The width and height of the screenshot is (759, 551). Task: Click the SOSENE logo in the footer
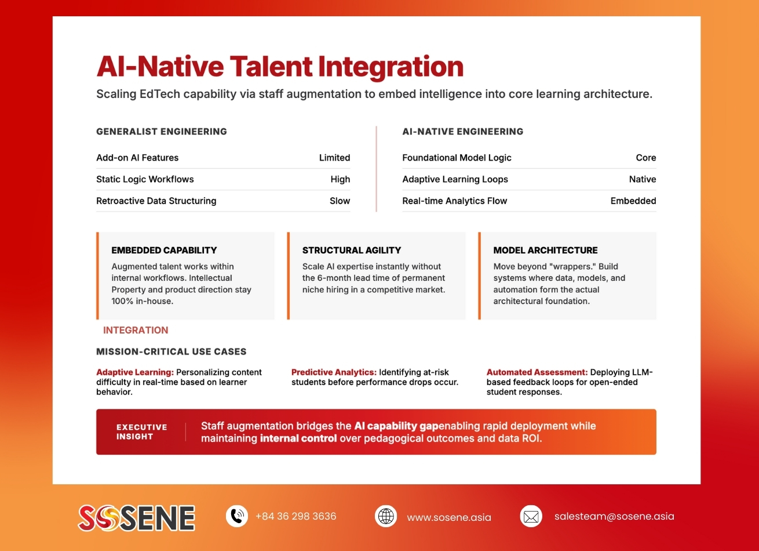(137, 517)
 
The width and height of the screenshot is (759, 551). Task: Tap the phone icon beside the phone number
(236, 516)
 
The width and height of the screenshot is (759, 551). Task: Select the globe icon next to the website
(386, 516)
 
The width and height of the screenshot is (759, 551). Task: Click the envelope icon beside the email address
(531, 516)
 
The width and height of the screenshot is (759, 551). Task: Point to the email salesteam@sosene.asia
(614, 516)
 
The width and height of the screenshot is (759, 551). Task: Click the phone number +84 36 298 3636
(295, 516)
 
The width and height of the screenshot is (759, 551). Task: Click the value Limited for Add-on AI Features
(334, 158)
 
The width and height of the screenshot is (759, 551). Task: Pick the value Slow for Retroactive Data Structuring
(340, 201)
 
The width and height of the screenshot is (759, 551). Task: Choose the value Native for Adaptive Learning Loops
(643, 179)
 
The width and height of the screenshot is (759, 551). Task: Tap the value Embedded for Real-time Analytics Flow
(633, 201)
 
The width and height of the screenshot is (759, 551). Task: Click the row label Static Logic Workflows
(145, 179)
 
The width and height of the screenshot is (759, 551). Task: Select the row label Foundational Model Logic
(457, 158)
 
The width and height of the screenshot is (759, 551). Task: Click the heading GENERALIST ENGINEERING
(162, 132)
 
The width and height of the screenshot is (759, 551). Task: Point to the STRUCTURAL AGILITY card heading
(352, 251)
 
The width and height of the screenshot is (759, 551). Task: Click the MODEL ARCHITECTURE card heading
(545, 251)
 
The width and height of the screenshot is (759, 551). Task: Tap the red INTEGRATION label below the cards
(136, 330)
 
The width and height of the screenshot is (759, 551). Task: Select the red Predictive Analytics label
(334, 372)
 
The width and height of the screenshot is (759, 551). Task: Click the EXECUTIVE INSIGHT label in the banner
(141, 432)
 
